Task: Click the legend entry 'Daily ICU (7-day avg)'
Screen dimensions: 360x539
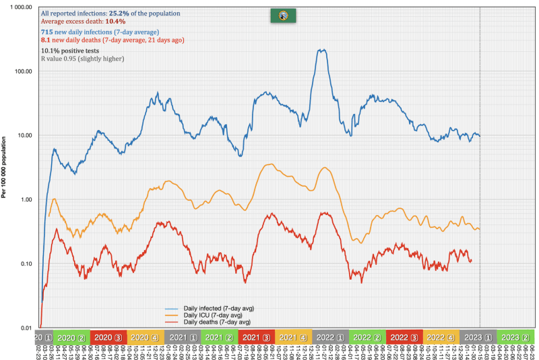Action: pos(206,315)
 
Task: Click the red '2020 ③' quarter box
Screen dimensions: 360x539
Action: pos(108,337)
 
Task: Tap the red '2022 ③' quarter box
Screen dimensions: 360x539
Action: pos(404,337)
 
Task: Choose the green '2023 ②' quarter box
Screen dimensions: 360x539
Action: pos(515,337)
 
